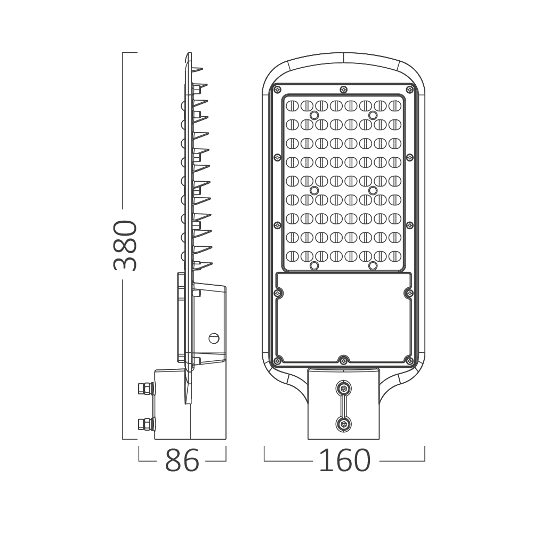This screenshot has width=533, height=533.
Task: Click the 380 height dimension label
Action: pos(125,245)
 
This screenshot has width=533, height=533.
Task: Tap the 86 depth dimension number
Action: pos(182,461)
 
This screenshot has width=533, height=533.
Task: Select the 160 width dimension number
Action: pos(345,461)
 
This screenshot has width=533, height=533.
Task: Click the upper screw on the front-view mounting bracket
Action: pos(344,388)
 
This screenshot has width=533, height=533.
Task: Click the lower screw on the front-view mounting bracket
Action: pos(344,424)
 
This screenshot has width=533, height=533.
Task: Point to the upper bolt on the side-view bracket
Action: pos(146,388)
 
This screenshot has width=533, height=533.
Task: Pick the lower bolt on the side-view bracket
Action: pos(146,424)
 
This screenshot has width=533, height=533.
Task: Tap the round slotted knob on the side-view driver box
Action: pos(214,338)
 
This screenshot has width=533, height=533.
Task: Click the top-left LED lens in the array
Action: pos(292,106)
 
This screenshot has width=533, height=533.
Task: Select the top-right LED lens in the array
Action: pos(395,106)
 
